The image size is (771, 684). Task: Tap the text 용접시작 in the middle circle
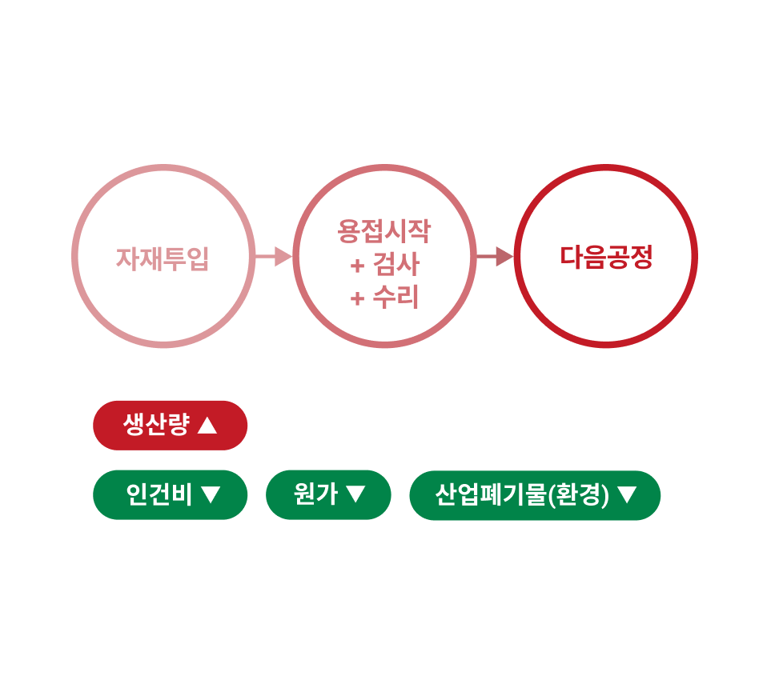(384, 232)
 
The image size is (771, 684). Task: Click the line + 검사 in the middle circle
(384, 265)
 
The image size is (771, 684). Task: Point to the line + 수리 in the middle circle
(384, 298)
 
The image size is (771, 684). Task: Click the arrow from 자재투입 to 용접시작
(274, 257)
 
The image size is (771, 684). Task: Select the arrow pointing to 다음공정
(495, 257)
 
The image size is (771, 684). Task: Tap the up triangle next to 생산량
(207, 425)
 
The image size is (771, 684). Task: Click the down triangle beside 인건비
(211, 495)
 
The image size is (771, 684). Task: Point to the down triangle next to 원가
(355, 495)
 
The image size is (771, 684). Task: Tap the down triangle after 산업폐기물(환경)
(627, 495)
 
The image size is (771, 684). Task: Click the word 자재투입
(163, 258)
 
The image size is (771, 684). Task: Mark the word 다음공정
(606, 258)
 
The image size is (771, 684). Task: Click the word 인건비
(159, 495)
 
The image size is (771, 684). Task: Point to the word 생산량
(156, 425)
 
